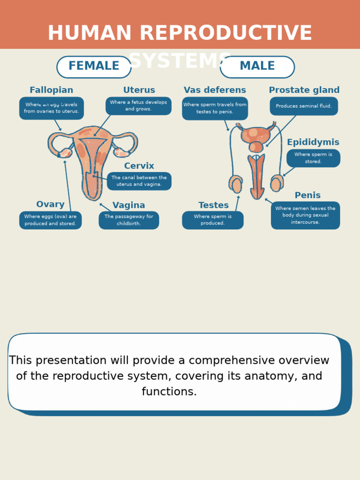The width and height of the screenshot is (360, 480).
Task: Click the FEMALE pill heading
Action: [x=94, y=67]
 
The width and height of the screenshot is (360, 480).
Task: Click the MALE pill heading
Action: [x=257, y=67]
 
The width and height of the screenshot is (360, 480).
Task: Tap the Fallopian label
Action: [x=51, y=90]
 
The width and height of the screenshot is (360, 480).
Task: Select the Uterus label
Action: [x=139, y=90]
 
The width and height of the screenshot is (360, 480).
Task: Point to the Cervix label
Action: [x=139, y=166]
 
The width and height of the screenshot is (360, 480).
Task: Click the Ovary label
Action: [x=50, y=205]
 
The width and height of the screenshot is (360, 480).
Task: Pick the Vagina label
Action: [x=128, y=206]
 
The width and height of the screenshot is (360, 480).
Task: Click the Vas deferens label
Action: [x=215, y=90]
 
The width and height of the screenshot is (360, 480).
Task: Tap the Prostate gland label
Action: [x=304, y=90]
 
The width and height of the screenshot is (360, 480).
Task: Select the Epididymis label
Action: [x=313, y=142]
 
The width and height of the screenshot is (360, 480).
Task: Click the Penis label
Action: [x=307, y=195]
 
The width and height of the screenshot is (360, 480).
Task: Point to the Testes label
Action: [x=213, y=206]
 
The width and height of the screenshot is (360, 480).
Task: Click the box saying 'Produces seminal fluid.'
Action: [x=304, y=106]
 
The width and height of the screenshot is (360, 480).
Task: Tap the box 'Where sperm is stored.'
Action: [x=313, y=158]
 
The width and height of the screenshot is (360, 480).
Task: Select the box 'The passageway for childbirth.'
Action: [x=128, y=220]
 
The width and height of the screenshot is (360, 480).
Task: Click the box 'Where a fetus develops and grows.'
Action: [x=138, y=106]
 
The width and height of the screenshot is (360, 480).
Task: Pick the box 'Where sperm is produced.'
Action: [x=212, y=220]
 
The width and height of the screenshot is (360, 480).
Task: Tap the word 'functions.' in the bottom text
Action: [x=169, y=392]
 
